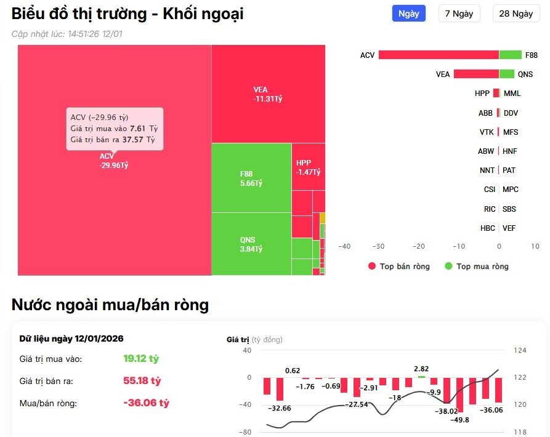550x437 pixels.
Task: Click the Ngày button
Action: tap(409, 14)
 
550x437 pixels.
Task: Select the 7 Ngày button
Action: tap(459, 14)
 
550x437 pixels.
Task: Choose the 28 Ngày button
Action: tap(516, 14)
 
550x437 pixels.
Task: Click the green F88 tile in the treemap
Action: tap(251, 178)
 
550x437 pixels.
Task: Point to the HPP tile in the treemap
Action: tap(308, 167)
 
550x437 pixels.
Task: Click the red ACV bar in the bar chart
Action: tap(439, 55)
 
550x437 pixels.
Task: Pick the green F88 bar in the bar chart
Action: tap(510, 55)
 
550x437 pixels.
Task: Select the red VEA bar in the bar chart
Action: tap(476, 74)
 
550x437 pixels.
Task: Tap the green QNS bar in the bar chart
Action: tap(507, 74)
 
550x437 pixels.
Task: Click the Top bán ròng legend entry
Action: tap(399, 267)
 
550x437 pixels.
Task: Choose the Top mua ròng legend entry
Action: tap(477, 267)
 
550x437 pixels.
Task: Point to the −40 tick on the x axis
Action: tap(344, 246)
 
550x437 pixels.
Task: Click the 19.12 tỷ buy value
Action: tap(141, 359)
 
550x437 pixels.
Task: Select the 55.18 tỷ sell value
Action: tap(142, 381)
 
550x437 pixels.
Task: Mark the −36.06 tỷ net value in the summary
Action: tap(146, 403)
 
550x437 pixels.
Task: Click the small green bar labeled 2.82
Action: tap(421, 376)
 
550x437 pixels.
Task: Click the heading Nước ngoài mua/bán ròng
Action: tap(110, 304)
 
